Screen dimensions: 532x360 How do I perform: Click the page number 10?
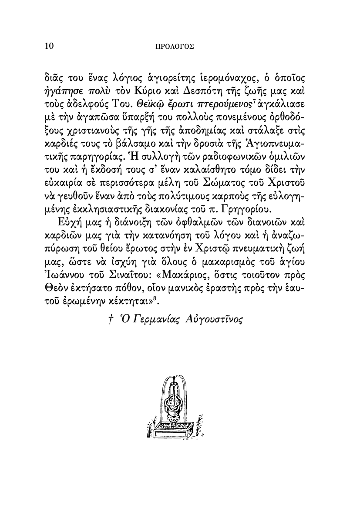point(49,46)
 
